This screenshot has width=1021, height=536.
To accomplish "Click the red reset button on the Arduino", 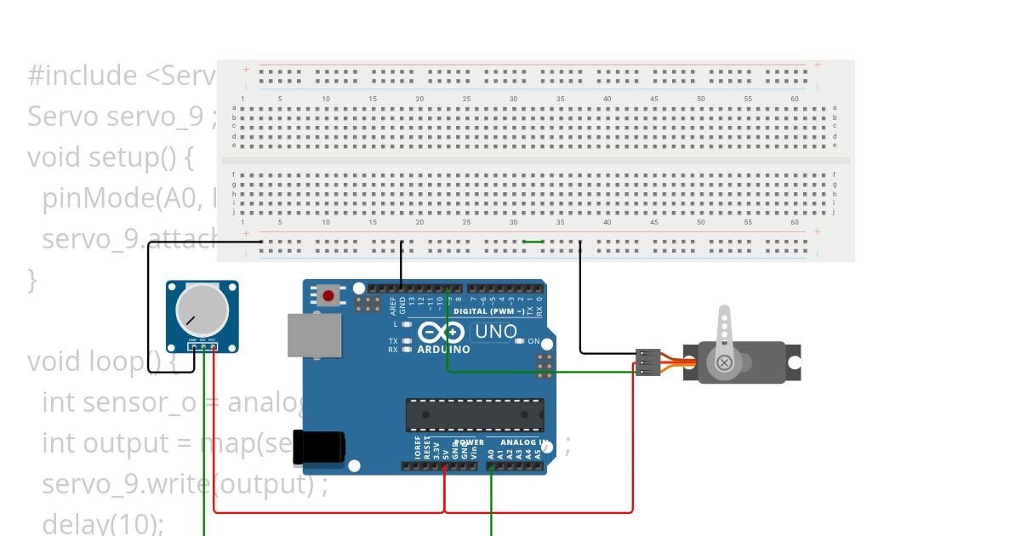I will tap(328, 296).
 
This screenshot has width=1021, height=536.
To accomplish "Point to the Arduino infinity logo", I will tap(441, 333).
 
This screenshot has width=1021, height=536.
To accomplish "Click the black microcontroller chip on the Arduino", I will tap(474, 414).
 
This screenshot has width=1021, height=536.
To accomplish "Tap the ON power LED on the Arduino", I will tap(520, 341).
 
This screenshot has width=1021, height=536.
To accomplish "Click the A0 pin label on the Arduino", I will tap(491, 454).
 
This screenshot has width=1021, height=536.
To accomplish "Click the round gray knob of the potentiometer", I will tap(202, 311).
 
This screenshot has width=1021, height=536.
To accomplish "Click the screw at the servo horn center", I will tap(724, 363).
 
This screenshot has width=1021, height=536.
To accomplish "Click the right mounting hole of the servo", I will tap(794, 363).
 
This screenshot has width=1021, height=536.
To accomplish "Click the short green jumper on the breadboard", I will tap(533, 242).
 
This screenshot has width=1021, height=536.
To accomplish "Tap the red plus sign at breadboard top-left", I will tap(247, 69).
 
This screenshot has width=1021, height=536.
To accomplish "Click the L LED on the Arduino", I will tap(406, 324).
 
